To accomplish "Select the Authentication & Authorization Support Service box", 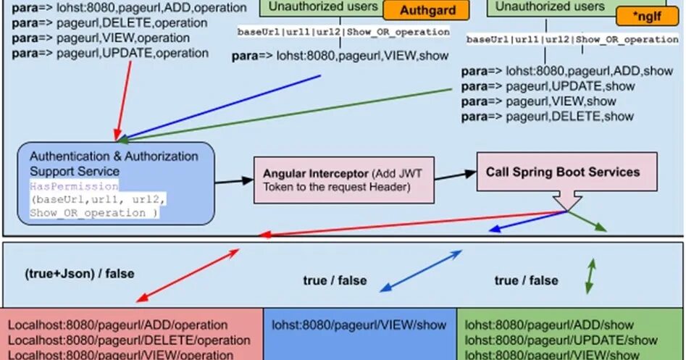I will point(116,183).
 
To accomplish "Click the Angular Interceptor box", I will point(343,180).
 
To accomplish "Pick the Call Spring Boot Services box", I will point(562,172).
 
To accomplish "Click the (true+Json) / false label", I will point(80,274).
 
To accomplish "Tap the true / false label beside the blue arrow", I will point(335,280).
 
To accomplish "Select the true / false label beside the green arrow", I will point(527,280).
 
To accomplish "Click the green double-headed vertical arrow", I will point(590,276).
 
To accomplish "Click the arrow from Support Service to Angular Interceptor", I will point(233,181).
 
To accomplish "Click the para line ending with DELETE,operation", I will point(110,22).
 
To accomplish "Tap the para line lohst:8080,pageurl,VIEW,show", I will point(340,55).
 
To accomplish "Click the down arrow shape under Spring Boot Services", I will point(566,201).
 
